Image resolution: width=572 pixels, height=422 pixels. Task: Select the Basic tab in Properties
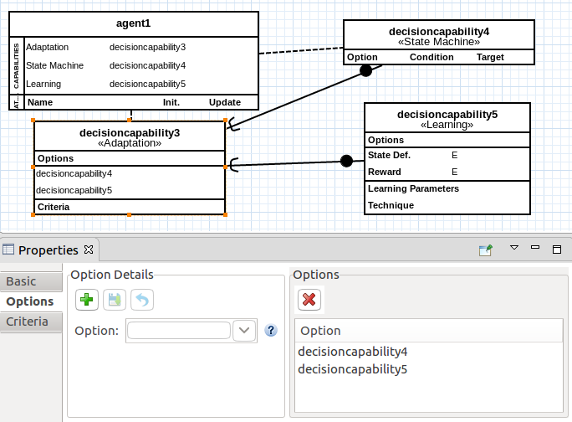tap(22, 281)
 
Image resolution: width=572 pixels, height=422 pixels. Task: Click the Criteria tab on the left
tap(27, 322)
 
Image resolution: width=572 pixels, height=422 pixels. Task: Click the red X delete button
tap(309, 299)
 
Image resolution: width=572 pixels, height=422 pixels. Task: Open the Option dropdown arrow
tap(244, 330)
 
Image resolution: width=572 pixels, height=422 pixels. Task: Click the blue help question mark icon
tap(270, 330)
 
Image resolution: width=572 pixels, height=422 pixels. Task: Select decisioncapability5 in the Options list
tap(352, 369)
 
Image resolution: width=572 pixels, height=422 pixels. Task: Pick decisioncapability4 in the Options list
tap(352, 352)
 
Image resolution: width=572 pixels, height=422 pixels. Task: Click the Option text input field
tap(178, 330)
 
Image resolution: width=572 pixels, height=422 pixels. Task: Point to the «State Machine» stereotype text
tap(439, 42)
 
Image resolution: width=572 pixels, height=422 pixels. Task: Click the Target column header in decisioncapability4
tap(490, 58)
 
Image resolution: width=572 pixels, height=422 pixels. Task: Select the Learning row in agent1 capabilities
tap(43, 84)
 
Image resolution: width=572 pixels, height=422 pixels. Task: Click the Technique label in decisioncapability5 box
tap(391, 205)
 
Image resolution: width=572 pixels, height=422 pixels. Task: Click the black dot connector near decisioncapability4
tap(365, 71)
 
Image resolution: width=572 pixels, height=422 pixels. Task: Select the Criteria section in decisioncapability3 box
tap(54, 207)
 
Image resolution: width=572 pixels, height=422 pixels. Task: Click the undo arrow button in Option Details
tap(142, 299)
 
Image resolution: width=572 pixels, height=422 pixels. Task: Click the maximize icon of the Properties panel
tap(556, 249)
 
